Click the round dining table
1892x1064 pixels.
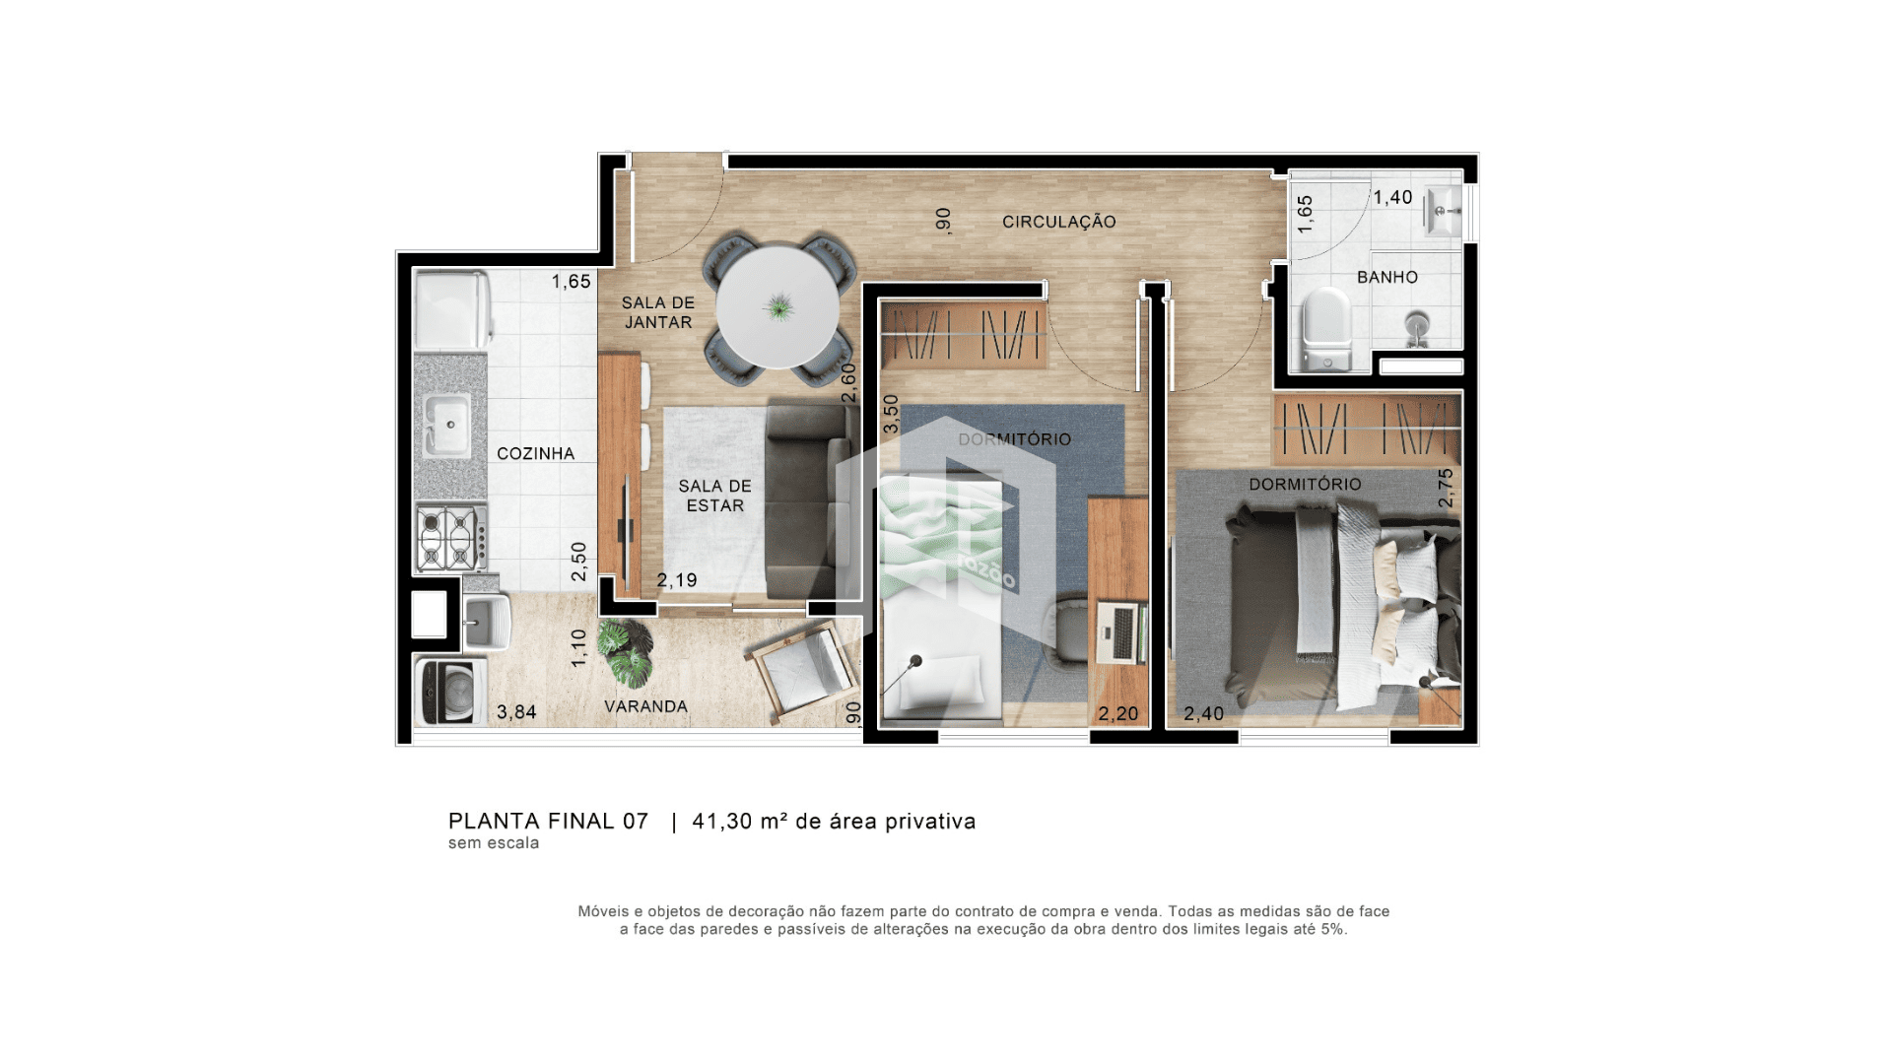pos(777,305)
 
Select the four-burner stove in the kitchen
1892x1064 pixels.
pos(451,538)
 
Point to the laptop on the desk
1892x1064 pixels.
pos(1121,631)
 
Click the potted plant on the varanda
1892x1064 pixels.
pos(627,653)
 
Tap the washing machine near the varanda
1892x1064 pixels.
pos(450,691)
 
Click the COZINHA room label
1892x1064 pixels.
pos(535,454)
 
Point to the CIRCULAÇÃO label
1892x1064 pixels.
pos(1059,222)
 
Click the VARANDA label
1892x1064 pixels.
pos(645,706)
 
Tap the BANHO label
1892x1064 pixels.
pos(1387,277)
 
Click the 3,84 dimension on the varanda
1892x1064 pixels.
pos(516,711)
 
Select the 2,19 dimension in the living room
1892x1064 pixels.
pos(677,580)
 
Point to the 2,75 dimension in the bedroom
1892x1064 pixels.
pos(1446,488)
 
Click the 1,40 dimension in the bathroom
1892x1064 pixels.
pos(1392,197)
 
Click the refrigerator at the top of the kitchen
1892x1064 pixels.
pos(450,310)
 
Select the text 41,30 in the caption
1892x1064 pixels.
pos(722,822)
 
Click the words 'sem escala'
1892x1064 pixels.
pos(494,843)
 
